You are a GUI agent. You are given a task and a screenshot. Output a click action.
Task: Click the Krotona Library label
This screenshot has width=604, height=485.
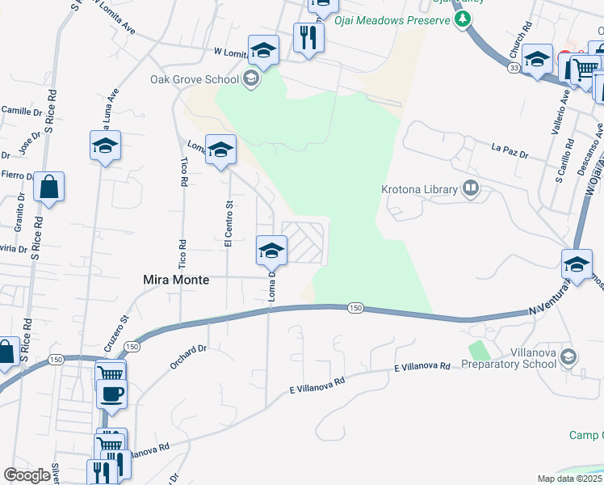pos(419,190)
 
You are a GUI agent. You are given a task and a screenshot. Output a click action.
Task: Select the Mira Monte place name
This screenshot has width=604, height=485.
pos(177,280)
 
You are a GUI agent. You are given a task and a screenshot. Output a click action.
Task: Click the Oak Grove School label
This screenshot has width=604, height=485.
pos(195,79)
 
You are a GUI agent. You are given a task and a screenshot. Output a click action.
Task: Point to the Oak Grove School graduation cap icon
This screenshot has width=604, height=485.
pos(250,78)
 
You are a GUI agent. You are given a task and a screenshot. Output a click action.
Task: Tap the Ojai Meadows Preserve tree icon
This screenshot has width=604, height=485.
pos(462,19)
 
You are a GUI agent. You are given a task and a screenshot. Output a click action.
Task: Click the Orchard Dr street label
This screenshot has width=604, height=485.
pos(189,357)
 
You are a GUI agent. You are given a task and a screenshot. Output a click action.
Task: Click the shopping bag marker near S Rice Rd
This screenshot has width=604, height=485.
pos(49,187)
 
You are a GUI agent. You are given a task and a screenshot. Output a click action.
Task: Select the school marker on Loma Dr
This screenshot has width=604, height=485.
pos(271,249)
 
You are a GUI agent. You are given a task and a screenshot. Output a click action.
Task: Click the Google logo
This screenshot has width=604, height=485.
pos(27,475)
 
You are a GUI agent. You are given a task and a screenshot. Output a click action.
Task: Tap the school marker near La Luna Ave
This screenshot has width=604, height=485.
pos(105,145)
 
